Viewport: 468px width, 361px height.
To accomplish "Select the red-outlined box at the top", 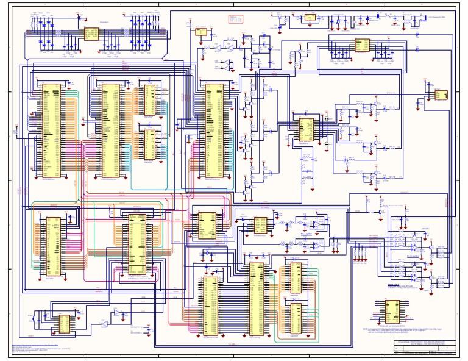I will (236, 19).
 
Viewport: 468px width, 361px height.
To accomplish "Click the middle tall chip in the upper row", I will (110, 128).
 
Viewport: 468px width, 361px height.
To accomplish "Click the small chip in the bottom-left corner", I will (64, 324).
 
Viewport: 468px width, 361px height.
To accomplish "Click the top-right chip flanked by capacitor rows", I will (362, 45).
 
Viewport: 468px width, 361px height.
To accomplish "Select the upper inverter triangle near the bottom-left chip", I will (117, 312).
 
